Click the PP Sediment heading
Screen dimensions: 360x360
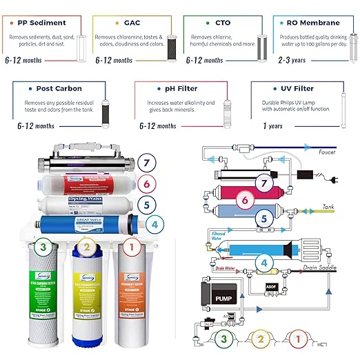[x=41, y=23]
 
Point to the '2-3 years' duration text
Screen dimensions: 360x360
[x=292, y=60]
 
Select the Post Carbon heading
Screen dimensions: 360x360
[x=50, y=89]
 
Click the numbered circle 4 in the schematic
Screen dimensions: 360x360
[x=262, y=263]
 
